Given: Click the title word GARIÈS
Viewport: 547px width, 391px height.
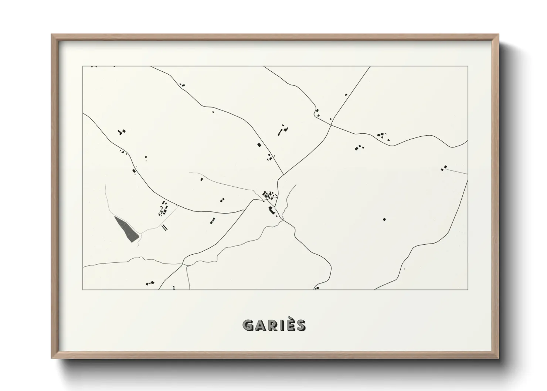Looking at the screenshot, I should pyautogui.click(x=274, y=325).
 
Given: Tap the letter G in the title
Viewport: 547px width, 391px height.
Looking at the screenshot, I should pyautogui.click(x=248, y=325).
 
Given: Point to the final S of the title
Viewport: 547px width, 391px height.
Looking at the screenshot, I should pyautogui.click(x=301, y=325).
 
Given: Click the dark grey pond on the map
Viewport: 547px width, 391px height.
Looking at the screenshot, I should pyautogui.click(x=126, y=229).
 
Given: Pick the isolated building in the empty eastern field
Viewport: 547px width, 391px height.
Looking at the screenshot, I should pyautogui.click(x=384, y=220).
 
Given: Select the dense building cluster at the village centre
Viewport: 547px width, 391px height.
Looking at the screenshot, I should pyautogui.click(x=269, y=195).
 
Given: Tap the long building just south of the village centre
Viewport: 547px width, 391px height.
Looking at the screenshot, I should pyautogui.click(x=272, y=211).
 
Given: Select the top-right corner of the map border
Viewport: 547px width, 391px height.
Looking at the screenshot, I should pyautogui.click(x=468, y=66).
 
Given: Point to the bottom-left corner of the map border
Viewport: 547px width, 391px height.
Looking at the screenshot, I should pyautogui.click(x=82, y=289).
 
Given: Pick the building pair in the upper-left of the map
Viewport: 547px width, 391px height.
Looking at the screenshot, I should pyautogui.click(x=122, y=132).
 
